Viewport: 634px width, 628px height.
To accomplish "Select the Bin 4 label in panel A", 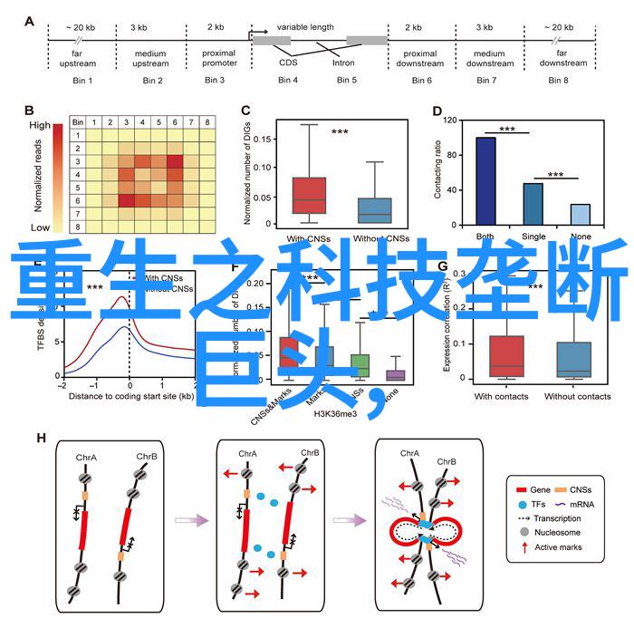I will tap(288, 81).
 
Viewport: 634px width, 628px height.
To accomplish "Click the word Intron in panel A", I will tap(343, 63).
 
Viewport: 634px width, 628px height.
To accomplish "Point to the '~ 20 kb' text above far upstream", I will tap(81, 27).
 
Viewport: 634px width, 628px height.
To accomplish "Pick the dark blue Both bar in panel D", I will tap(485, 180).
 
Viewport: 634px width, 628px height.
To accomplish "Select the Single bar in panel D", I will tap(533, 204).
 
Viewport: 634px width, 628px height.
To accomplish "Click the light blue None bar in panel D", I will tap(580, 214).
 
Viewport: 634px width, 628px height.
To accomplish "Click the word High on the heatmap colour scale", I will tap(40, 126).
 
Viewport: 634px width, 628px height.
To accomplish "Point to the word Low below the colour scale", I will tap(40, 227).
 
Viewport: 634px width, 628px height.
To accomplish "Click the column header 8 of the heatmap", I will tap(207, 122).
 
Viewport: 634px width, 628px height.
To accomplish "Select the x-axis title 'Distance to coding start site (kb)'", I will tap(130, 395).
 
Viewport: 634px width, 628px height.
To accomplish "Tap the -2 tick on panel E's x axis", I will tap(62, 385).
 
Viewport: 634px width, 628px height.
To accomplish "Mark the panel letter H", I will tap(41, 463).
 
